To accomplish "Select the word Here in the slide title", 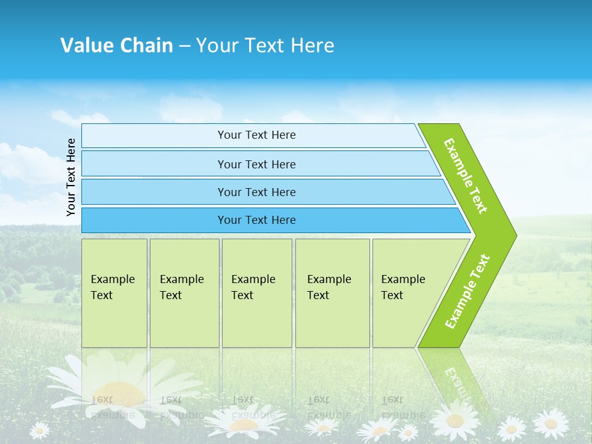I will click(x=312, y=45).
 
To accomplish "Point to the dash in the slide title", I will click(x=184, y=46).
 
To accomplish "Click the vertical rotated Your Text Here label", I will click(x=71, y=177).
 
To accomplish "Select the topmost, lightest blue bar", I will click(x=256, y=135).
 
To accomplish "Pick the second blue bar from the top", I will click(x=256, y=164).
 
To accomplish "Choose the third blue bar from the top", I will click(x=256, y=192).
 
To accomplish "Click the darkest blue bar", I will click(x=256, y=220).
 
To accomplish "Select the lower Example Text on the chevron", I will click(x=467, y=292).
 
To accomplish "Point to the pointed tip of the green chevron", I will click(x=514, y=235).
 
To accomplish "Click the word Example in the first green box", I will click(x=112, y=279).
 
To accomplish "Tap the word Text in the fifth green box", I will click(x=392, y=295).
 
